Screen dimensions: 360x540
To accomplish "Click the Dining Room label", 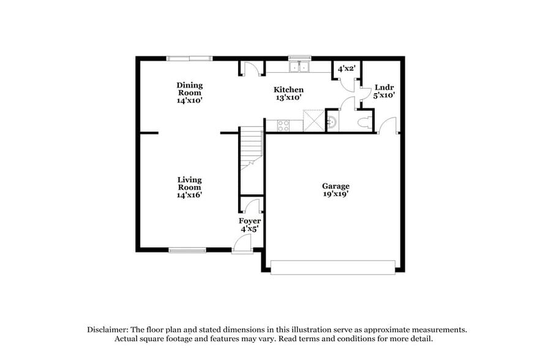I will coord(189,89).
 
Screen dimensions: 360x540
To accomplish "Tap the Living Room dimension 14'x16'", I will coord(189,195).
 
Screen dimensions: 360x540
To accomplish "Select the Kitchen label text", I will coord(288,89).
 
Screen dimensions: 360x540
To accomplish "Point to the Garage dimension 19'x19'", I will coord(336,194).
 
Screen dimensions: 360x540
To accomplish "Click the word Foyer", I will coord(249,220).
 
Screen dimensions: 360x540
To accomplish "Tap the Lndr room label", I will coord(384,87).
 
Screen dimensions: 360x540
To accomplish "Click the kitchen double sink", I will coord(300,66).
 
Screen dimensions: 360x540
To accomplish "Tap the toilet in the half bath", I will coord(366,121).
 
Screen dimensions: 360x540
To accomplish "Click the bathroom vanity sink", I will coord(331,121).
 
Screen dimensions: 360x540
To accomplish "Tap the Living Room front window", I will coord(187,249).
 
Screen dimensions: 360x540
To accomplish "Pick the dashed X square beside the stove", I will coord(313,120).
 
